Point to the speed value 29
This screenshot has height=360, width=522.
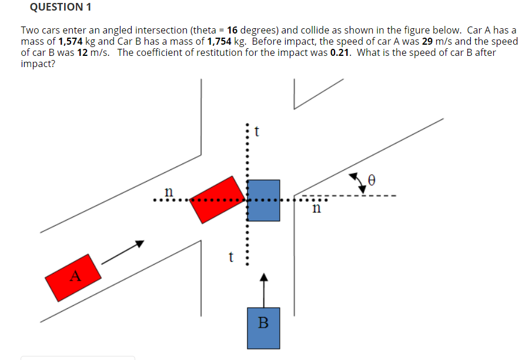pyautogui.click(x=428, y=42)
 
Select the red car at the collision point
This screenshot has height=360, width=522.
pyautogui.click(x=218, y=199)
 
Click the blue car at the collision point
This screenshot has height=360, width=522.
pyautogui.click(x=263, y=199)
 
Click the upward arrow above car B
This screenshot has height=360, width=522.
pyautogui.click(x=264, y=288)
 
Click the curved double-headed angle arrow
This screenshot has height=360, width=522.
pyautogui.click(x=356, y=179)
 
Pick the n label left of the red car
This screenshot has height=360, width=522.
pyautogui.click(x=169, y=191)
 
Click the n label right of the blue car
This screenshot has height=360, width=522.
pyautogui.click(x=317, y=207)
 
